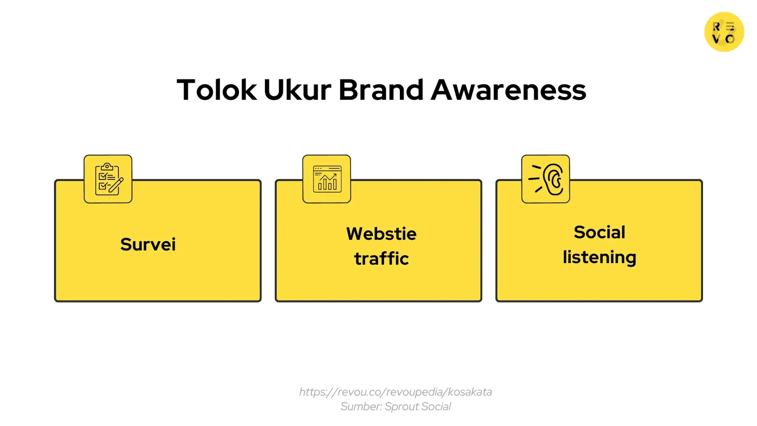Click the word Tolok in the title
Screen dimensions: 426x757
pos(217,89)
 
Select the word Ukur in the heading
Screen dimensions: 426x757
pos(297,89)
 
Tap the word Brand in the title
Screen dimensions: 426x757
pos(381,89)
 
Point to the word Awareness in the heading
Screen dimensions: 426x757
pos(508,89)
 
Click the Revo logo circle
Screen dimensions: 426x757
pos(724,32)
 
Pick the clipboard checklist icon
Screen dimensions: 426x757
pos(108,179)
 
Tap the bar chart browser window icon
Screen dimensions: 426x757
pos(326,179)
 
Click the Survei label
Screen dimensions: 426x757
pos(148,244)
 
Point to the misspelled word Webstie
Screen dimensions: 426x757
pos(381,233)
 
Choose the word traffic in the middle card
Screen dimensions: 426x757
pos(381,258)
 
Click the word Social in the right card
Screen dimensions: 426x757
pos(599,232)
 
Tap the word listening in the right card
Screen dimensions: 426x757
pos(599,257)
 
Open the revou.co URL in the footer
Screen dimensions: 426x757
pos(396,392)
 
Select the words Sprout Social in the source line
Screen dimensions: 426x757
pos(418,407)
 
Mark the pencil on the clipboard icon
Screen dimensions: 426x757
pos(116,185)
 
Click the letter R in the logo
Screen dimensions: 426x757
pos(716,27)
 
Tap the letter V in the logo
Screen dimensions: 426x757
pos(716,39)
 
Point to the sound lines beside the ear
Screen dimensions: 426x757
pos(536,178)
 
